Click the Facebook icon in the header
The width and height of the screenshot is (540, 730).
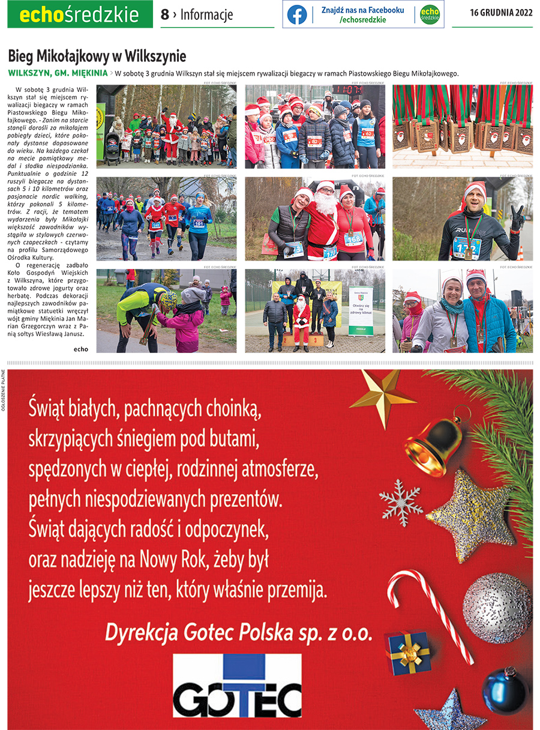click(x=297, y=14)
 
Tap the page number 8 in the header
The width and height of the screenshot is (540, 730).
click(x=165, y=15)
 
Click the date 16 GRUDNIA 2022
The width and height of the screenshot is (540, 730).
click(x=501, y=13)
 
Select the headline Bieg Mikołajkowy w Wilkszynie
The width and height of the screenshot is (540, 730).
click(x=97, y=56)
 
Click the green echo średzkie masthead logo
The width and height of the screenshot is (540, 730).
click(x=80, y=14)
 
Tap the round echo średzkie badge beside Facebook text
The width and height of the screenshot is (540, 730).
click(x=430, y=14)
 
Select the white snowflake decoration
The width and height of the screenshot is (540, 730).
click(x=400, y=502)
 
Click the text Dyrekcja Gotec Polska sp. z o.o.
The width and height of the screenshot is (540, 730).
click(x=238, y=632)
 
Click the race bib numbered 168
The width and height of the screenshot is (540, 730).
click(x=353, y=239)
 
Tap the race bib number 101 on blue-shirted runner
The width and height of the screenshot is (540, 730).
click(x=199, y=224)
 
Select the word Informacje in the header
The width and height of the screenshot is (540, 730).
click(x=206, y=15)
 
